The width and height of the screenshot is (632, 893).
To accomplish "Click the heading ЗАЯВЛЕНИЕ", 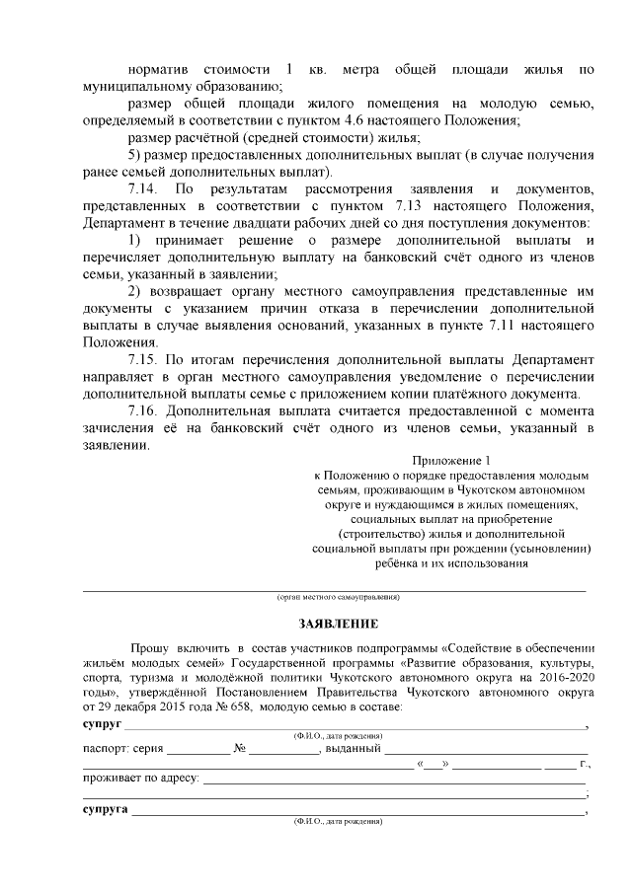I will click(338, 624).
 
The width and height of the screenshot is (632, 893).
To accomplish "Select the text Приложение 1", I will click(449, 459).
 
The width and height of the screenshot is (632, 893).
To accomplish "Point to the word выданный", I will click(354, 748).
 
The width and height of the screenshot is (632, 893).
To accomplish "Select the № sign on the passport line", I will click(239, 748).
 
